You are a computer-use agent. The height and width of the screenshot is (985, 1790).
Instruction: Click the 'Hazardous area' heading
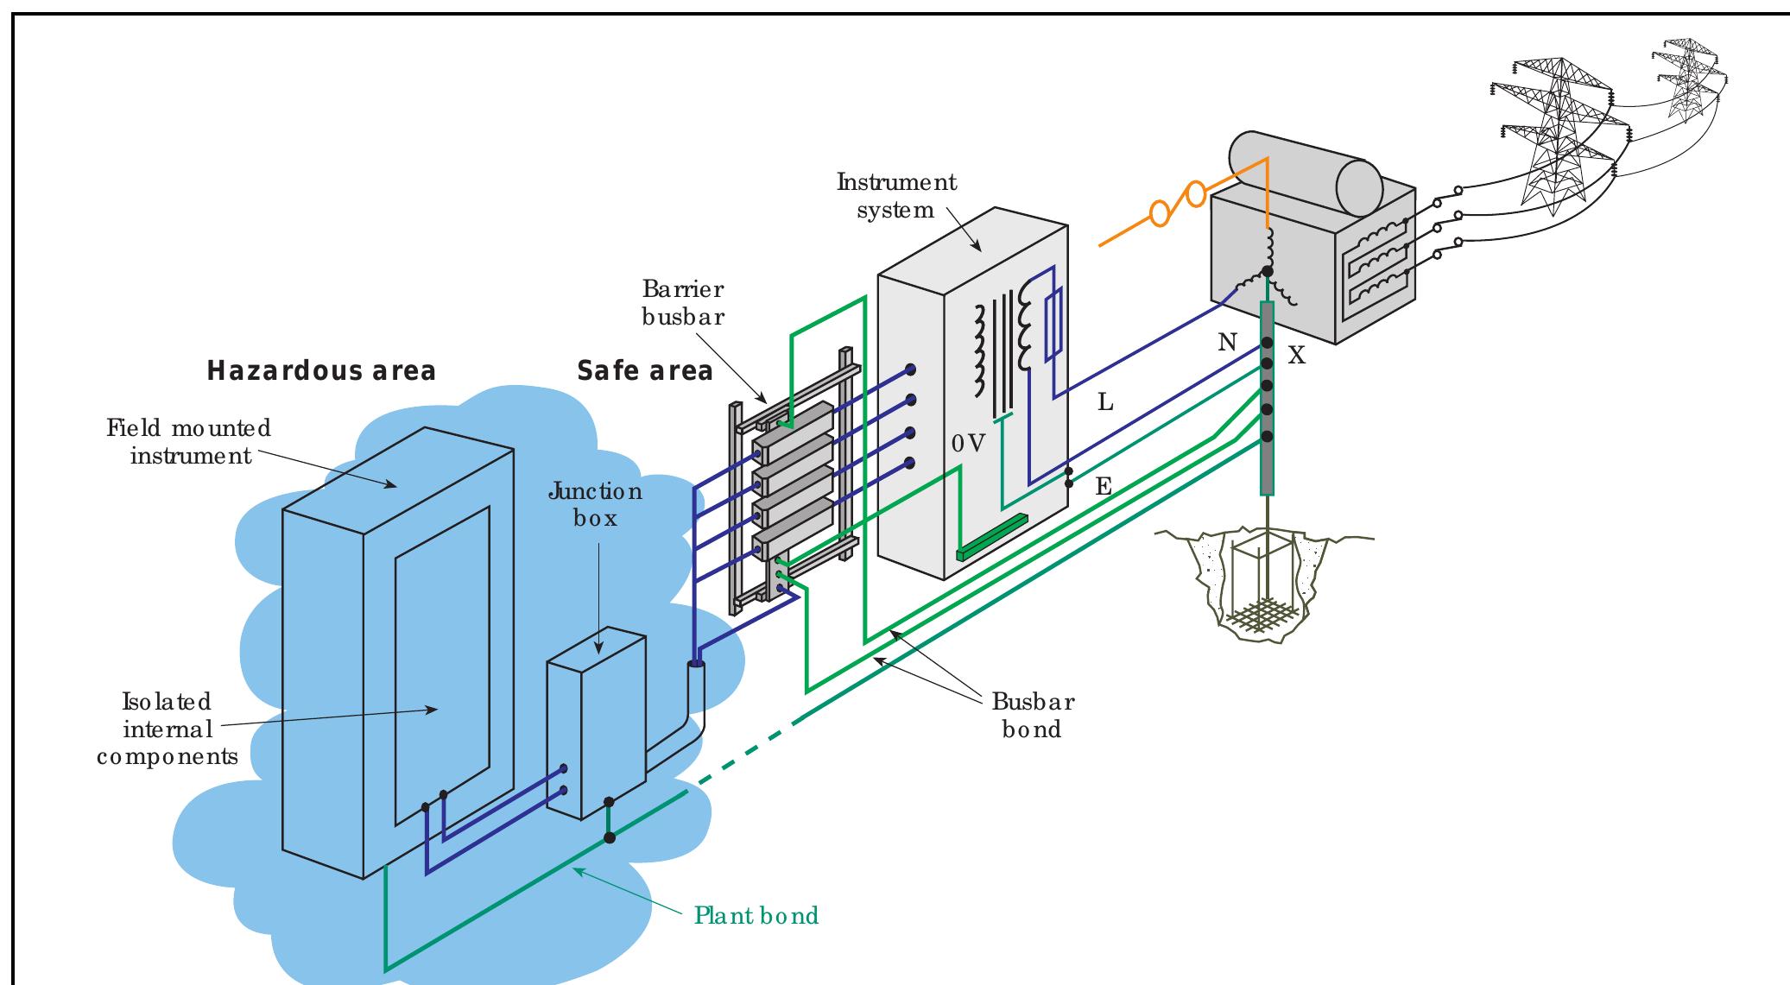click(x=321, y=371)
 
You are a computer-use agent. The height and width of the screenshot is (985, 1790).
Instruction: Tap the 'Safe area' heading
click(x=645, y=371)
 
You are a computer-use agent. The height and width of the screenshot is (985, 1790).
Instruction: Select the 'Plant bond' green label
click(x=756, y=915)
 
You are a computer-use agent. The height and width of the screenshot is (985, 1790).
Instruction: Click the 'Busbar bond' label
click(x=1032, y=715)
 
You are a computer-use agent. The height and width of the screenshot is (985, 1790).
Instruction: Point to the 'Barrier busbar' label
click(x=683, y=302)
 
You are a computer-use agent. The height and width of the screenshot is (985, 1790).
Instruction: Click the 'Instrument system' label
click(x=896, y=196)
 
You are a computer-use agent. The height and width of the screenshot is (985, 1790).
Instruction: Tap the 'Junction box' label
click(x=595, y=505)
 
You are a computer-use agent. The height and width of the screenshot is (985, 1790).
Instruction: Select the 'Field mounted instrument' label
click(x=190, y=441)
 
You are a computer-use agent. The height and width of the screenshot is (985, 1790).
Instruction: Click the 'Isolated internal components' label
click(x=167, y=729)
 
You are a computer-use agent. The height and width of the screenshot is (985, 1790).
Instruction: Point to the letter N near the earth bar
click(x=1227, y=344)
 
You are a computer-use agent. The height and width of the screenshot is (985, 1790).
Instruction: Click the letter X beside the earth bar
click(x=1296, y=356)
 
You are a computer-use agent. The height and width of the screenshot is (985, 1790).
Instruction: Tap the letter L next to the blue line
click(x=1105, y=402)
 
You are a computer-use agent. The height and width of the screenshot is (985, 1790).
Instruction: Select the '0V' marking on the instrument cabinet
click(x=968, y=444)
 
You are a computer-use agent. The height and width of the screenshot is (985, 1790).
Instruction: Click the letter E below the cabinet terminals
click(x=1103, y=487)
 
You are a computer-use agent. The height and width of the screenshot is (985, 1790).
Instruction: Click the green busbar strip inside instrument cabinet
click(x=992, y=536)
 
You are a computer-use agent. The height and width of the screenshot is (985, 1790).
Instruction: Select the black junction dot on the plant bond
click(x=609, y=837)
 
